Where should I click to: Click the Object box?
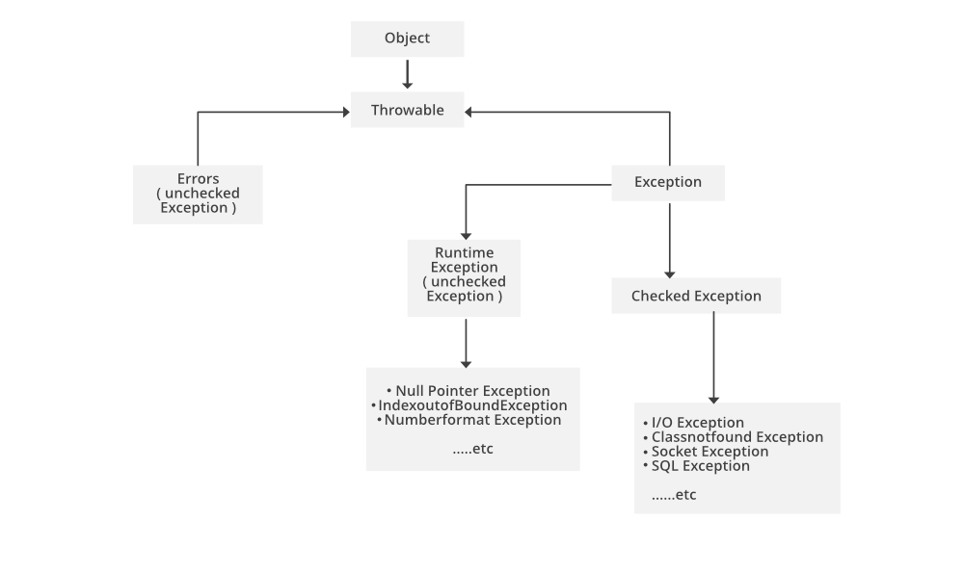(x=407, y=39)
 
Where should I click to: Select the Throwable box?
(x=407, y=110)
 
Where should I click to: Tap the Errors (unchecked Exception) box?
(x=198, y=194)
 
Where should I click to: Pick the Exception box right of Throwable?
(x=668, y=182)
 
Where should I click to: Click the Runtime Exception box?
(x=465, y=277)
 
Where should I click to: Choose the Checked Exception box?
(x=696, y=296)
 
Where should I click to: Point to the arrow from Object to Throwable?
(x=407, y=73)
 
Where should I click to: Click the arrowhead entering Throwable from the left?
(x=344, y=112)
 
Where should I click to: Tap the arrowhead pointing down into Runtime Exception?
(x=466, y=234)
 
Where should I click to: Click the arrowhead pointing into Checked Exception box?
(x=669, y=273)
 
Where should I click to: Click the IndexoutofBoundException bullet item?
(x=472, y=405)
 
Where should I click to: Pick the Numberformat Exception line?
(x=472, y=420)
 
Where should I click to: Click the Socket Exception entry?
(x=710, y=452)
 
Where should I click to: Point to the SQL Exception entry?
(x=700, y=466)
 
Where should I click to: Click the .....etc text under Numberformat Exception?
(x=472, y=449)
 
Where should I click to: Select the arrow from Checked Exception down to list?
(x=713, y=356)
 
